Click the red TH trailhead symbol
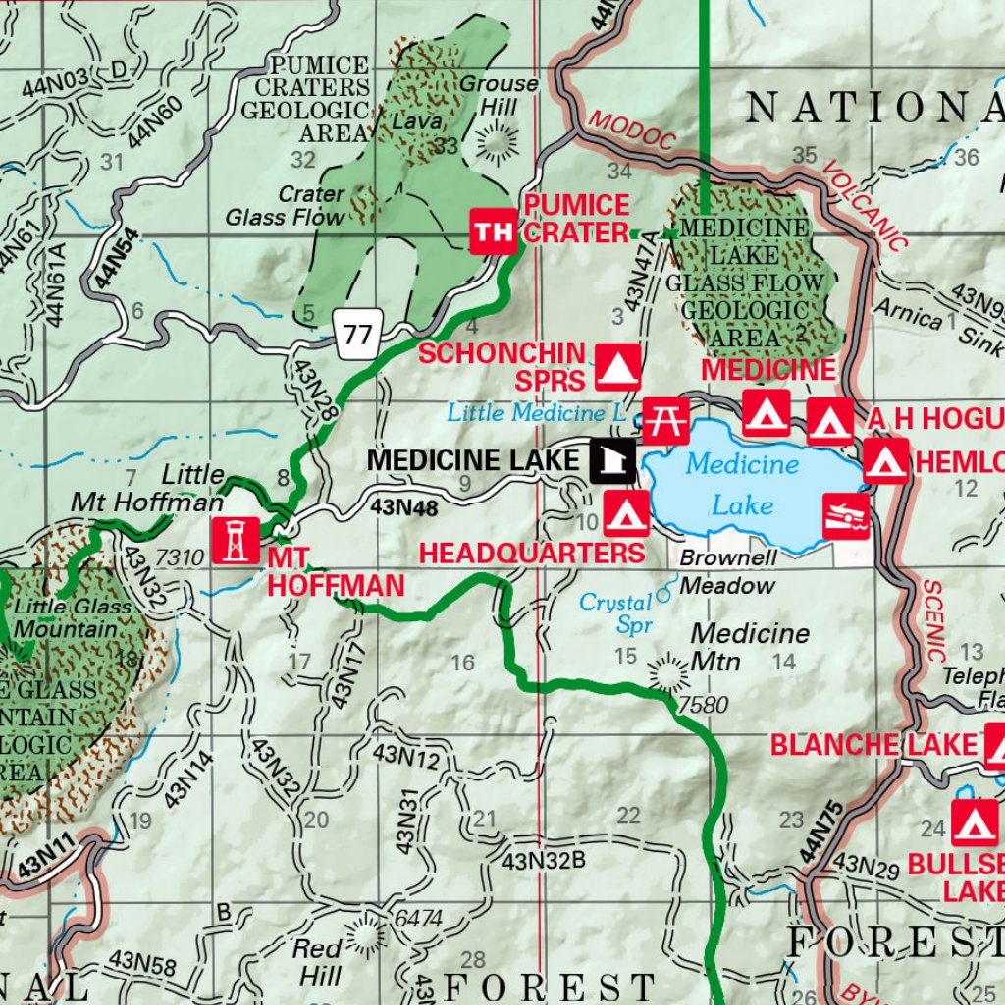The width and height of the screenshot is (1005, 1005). tap(493, 232)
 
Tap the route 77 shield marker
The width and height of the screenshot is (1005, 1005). tap(359, 334)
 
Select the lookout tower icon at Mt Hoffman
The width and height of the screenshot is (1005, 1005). tap(236, 541)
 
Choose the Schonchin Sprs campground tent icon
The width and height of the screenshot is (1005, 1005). tap(618, 367)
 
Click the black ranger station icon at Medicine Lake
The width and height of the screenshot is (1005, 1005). tap(612, 460)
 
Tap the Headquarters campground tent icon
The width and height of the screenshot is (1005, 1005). tap(626, 513)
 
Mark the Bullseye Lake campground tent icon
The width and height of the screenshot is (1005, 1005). tap(975, 822)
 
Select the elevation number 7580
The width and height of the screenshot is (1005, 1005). tap(702, 705)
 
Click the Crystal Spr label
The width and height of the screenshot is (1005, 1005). tap(615, 613)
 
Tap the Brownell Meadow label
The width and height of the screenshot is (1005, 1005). tap(728, 571)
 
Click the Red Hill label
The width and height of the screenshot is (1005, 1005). tap(320, 962)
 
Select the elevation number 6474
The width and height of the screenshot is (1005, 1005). tap(418, 920)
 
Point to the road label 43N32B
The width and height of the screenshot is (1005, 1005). tap(543, 862)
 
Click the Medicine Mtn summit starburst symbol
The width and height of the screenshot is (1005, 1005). tap(670, 674)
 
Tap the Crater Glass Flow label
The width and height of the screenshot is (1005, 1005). tap(286, 206)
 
